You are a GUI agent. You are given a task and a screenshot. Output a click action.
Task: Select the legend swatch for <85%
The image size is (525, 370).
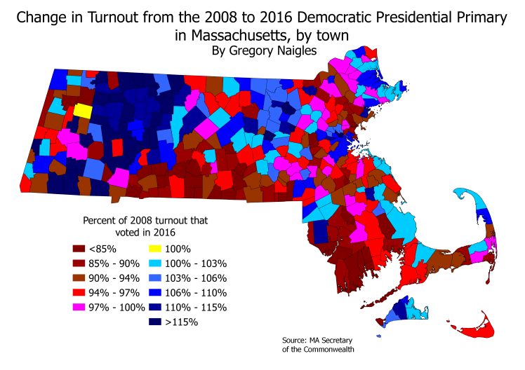pyautogui.click(x=79, y=248)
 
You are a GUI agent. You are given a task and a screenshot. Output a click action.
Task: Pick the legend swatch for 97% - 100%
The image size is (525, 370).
pyautogui.click(x=79, y=307)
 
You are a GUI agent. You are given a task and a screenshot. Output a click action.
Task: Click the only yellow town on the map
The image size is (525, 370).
pyautogui.click(x=82, y=111)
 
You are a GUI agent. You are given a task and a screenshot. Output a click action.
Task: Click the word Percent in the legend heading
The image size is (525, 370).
pyautogui.click(x=102, y=220)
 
